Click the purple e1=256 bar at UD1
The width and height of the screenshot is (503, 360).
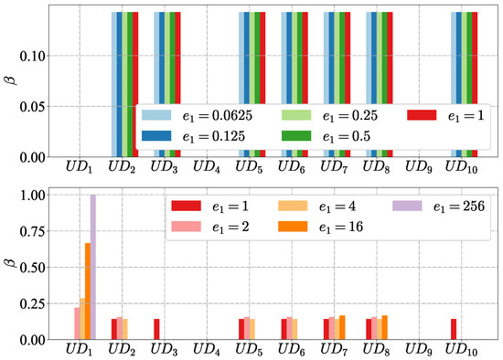(x=93, y=267)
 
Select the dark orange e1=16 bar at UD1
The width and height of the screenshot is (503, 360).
(x=87, y=291)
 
